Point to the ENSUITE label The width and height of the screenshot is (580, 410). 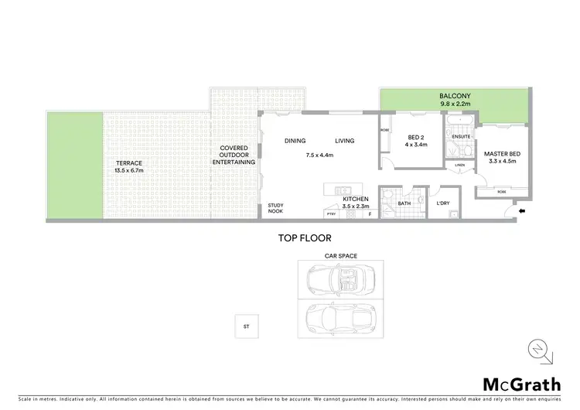(x=460, y=138)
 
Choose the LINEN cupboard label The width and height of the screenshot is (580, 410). (x=459, y=165)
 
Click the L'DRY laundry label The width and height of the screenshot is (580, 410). (x=443, y=203)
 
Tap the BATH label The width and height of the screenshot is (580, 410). (x=404, y=204)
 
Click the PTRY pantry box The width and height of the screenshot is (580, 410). (x=330, y=214)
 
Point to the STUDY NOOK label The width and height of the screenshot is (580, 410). (x=276, y=208)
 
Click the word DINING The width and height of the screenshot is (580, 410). (x=295, y=141)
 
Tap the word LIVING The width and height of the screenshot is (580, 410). (x=344, y=141)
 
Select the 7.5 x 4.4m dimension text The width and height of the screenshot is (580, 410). (x=319, y=155)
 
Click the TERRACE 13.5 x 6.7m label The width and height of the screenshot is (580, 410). (x=128, y=167)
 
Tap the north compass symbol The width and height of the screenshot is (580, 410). (x=541, y=350)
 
